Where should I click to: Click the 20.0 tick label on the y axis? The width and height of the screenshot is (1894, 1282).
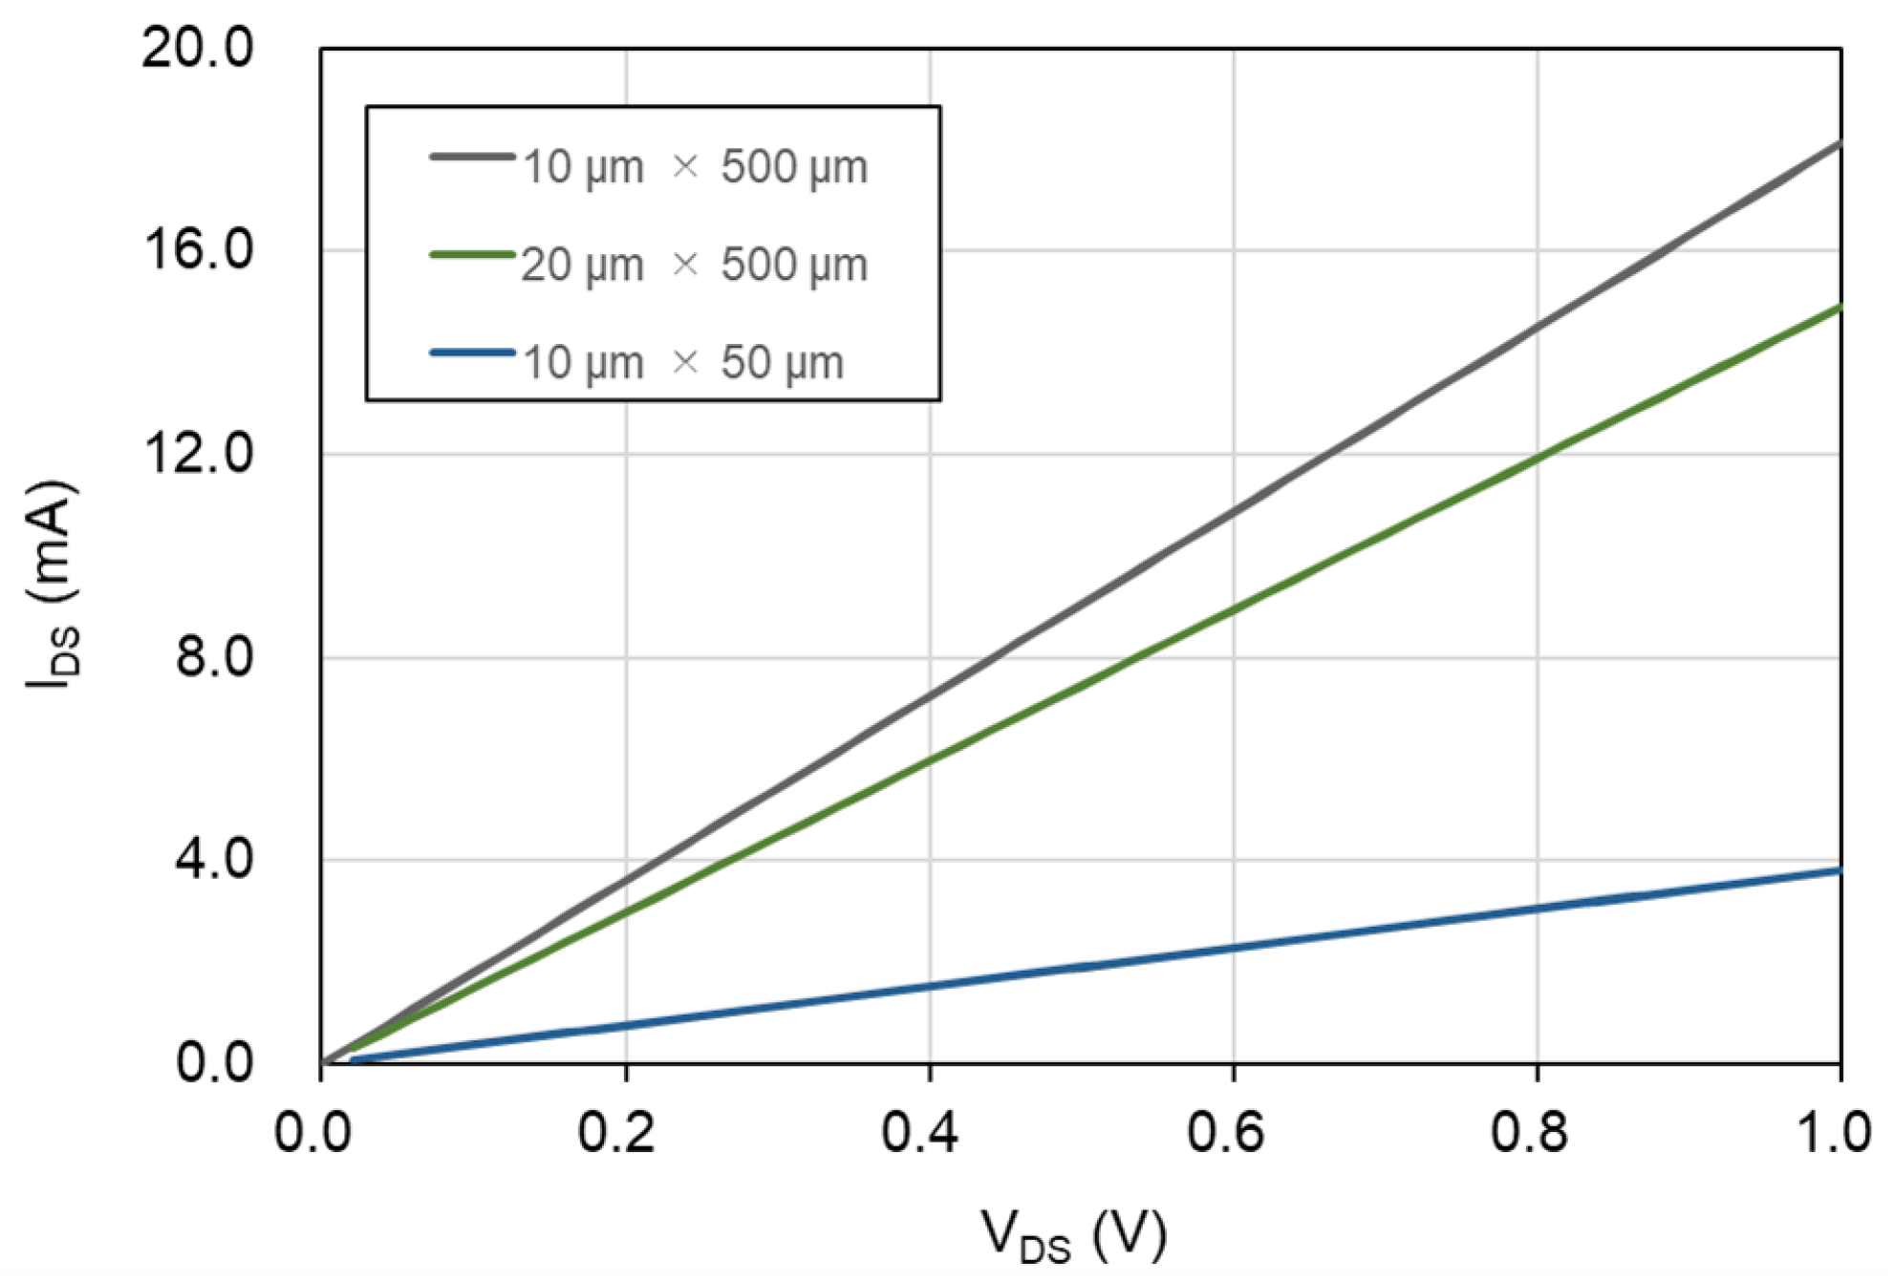[198, 47]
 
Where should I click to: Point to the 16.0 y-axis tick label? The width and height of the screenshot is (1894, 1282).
[198, 250]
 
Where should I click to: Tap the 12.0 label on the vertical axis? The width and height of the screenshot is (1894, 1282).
[198, 454]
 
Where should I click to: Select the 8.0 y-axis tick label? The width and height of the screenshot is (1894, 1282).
[214, 657]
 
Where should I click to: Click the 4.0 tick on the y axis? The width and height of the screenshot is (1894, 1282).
[214, 860]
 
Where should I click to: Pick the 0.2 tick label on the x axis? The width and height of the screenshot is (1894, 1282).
[616, 1133]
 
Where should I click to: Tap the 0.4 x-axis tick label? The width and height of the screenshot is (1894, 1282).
[919, 1133]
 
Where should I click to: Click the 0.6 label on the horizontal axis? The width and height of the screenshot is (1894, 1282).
[1224, 1133]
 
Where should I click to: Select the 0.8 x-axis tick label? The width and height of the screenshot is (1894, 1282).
[1528, 1133]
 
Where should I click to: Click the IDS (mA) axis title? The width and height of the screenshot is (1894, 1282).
[53, 585]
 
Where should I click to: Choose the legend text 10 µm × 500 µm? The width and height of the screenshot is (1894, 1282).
[695, 167]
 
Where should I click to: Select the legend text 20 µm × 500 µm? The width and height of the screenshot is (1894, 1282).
[694, 266]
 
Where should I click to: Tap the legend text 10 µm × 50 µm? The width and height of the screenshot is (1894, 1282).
[682, 364]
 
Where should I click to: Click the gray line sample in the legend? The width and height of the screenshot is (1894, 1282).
[472, 156]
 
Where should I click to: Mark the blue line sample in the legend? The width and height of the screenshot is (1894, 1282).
[472, 353]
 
